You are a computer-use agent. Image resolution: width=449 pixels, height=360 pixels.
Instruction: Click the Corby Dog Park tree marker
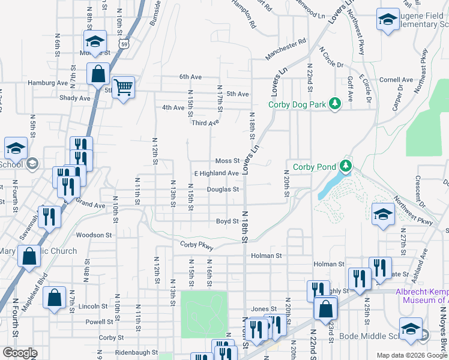[x=334, y=104]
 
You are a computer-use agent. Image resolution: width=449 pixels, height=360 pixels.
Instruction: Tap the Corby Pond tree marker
[x=345, y=165]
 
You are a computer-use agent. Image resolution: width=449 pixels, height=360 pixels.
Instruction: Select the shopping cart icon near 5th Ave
[x=123, y=88]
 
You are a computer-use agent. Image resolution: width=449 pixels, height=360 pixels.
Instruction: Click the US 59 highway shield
[x=123, y=44]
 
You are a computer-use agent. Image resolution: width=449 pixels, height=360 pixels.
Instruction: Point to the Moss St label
[x=228, y=161]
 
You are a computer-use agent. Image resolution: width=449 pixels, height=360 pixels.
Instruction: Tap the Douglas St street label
[x=223, y=190]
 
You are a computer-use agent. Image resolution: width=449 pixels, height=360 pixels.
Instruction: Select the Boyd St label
[x=228, y=221]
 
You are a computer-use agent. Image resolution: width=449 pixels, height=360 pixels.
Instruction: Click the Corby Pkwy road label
[x=197, y=244]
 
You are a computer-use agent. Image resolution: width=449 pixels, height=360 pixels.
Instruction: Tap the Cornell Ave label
[x=396, y=79]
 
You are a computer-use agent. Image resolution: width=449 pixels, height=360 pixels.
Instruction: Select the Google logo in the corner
[x=20, y=353]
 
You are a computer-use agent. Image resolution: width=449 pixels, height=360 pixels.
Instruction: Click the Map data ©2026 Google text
[x=411, y=355]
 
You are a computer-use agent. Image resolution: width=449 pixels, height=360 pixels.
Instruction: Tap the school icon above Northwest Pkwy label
[x=382, y=214]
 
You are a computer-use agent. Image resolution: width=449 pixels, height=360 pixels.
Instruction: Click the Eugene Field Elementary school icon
[x=388, y=19]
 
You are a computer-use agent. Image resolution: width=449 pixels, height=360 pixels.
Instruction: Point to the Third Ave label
[x=205, y=122]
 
